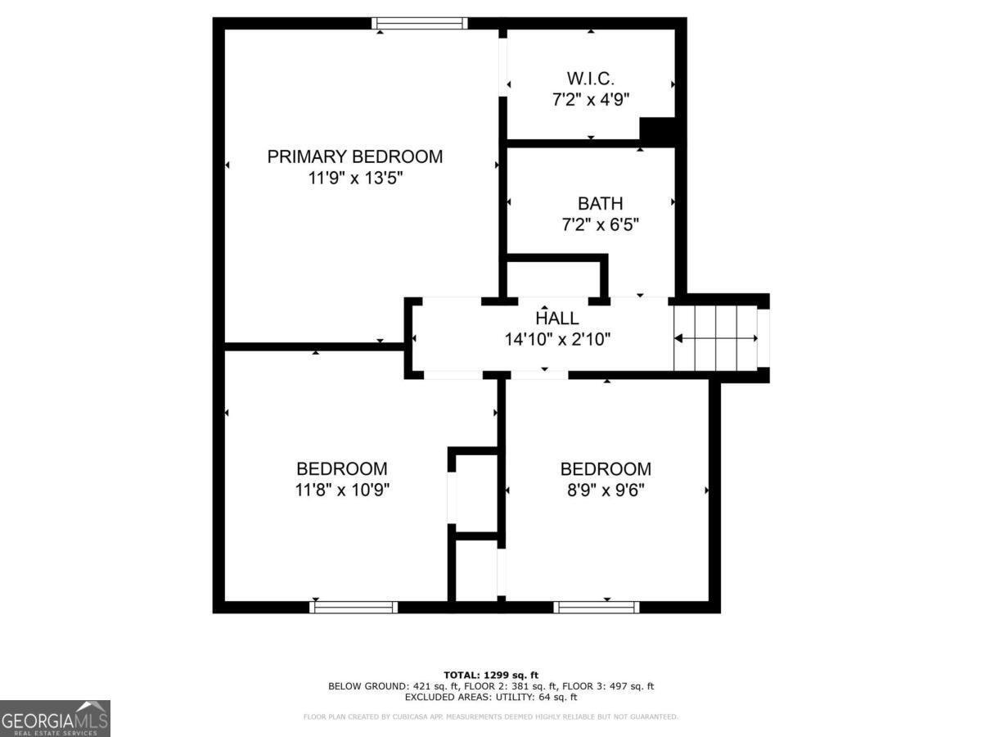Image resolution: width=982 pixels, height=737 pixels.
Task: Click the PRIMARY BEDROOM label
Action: click(x=354, y=156)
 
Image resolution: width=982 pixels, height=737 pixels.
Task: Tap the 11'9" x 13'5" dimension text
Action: click(x=354, y=179)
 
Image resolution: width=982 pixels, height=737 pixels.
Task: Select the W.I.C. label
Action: click(x=590, y=79)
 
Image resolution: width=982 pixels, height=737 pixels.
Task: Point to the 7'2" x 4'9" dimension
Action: click(x=590, y=100)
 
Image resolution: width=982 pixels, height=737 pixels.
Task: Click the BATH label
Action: click(x=600, y=203)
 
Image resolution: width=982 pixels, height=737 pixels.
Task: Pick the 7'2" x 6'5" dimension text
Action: click(x=600, y=224)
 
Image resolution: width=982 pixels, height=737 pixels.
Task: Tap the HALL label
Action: click(x=556, y=319)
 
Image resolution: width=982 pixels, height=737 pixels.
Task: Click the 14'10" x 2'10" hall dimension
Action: click(x=556, y=339)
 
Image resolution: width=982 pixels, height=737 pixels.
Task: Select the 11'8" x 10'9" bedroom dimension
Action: click(x=341, y=491)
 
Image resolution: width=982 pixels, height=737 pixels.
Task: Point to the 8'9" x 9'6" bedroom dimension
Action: click(x=606, y=491)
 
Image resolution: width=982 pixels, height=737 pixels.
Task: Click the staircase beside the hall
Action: click(x=716, y=337)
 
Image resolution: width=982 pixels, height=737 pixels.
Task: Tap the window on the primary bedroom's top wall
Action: click(x=420, y=23)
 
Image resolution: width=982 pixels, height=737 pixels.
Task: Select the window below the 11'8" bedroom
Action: click(x=354, y=607)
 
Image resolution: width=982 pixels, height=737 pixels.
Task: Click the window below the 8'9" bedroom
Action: click(x=596, y=607)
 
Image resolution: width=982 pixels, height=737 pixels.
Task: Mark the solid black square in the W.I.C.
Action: click(x=656, y=131)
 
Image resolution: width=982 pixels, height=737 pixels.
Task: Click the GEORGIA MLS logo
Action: click(x=55, y=718)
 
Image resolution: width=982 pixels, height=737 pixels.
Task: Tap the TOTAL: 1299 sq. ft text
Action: click(x=491, y=674)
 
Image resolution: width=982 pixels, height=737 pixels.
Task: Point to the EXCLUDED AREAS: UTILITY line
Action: click(x=491, y=697)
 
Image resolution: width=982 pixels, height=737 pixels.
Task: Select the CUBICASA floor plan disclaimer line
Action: click(x=491, y=717)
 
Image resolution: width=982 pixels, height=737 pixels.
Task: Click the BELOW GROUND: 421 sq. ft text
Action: click(x=385, y=685)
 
